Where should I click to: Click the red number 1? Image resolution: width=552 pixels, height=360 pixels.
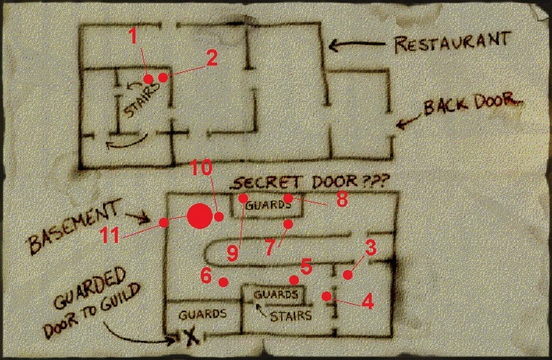click(x=133, y=36)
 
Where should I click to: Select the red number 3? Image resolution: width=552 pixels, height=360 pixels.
click(x=370, y=248)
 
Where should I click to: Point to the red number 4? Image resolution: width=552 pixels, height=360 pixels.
click(x=366, y=301)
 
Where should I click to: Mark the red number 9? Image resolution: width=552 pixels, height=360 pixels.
click(x=233, y=253)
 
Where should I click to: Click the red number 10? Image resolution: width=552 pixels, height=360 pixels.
click(x=201, y=169)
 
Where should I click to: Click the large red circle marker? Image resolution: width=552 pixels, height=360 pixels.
click(x=198, y=216)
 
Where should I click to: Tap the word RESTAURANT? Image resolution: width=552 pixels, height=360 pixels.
click(x=452, y=42)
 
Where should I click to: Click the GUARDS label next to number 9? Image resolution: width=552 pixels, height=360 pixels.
click(x=264, y=207)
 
